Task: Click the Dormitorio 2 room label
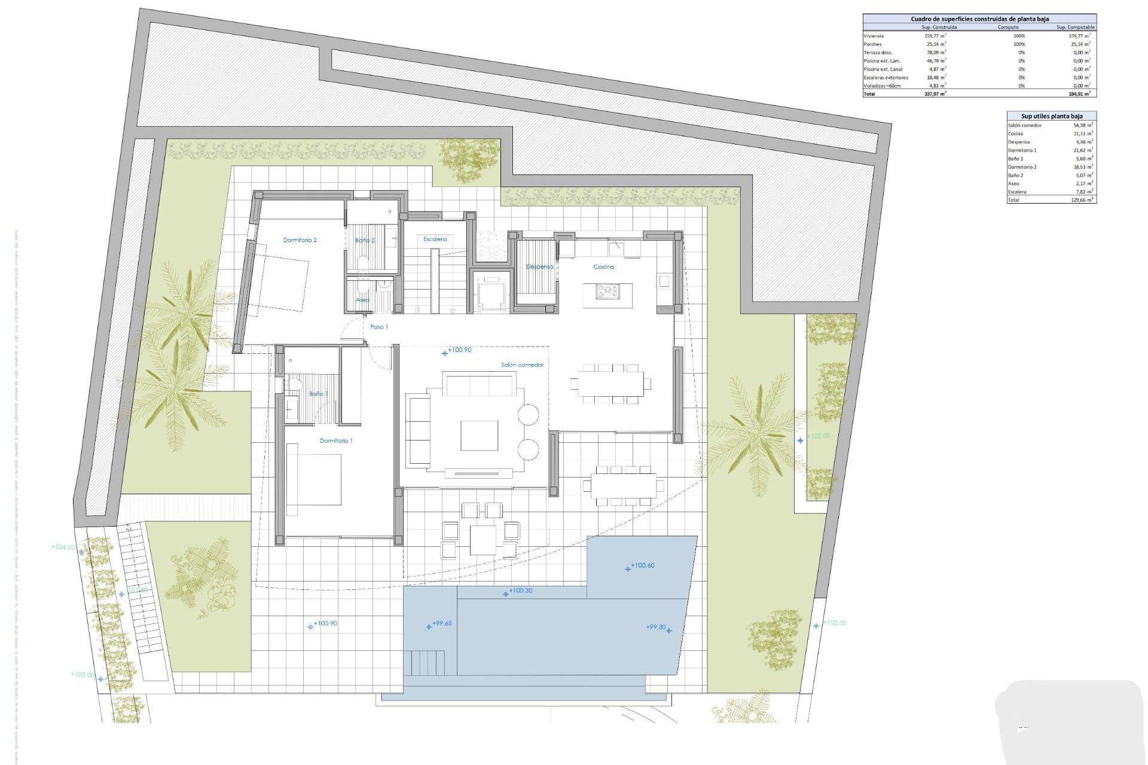(x=300, y=240)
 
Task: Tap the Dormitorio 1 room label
(x=336, y=441)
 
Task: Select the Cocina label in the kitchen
(x=603, y=267)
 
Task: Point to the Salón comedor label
(x=522, y=365)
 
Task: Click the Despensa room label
(x=539, y=267)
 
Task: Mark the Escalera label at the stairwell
(x=435, y=239)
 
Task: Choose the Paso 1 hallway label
(x=379, y=327)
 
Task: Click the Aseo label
(x=362, y=300)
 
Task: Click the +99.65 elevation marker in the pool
(x=442, y=623)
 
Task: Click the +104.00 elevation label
(x=63, y=547)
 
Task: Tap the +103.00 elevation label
(x=83, y=675)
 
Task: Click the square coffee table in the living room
(x=479, y=435)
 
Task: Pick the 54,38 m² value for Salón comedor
(x=1083, y=126)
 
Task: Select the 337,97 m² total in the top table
(x=935, y=94)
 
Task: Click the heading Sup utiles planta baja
(x=1051, y=116)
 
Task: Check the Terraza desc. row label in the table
(x=878, y=53)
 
